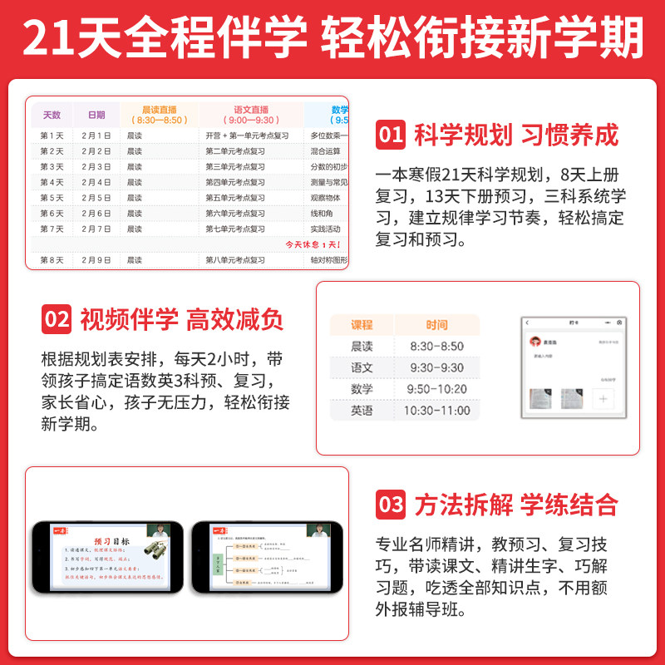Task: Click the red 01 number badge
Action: click(390, 135)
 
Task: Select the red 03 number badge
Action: click(390, 504)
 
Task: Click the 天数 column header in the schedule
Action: click(52, 115)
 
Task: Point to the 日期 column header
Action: click(96, 115)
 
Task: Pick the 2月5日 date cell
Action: click(96, 198)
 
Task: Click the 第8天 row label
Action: click(52, 260)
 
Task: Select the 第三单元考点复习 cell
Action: click(235, 166)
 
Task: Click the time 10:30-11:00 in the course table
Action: click(436, 411)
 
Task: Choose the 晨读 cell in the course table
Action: click(362, 346)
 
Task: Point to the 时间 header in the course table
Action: click(436, 325)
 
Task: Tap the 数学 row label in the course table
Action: click(362, 389)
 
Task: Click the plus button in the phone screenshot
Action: click(604, 397)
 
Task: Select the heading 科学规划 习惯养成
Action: click(516, 135)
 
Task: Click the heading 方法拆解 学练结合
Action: click(516, 504)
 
